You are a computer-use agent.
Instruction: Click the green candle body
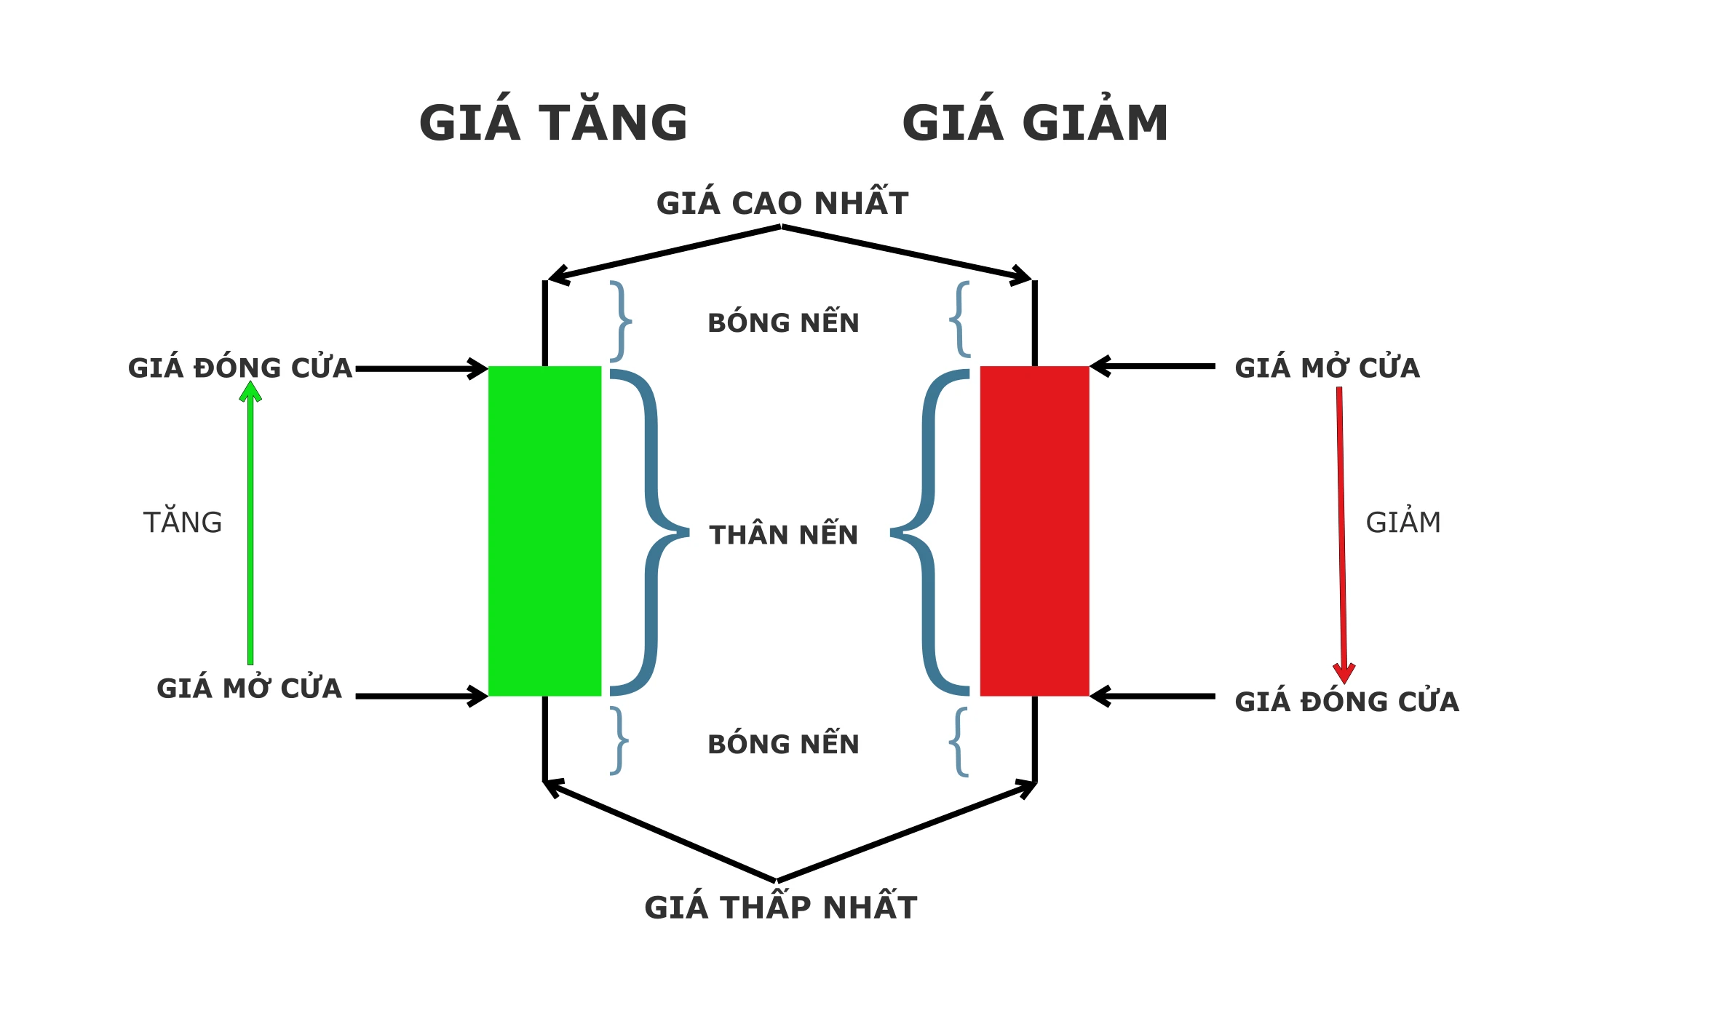tap(544, 531)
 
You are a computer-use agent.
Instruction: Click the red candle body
tap(1034, 531)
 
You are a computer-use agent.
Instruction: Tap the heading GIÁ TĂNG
tap(553, 122)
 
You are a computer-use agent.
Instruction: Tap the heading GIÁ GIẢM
tap(1035, 122)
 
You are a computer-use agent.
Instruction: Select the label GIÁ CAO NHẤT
tap(782, 203)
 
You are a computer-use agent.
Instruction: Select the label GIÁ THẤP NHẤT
tap(781, 907)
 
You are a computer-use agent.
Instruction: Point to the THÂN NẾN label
tap(784, 535)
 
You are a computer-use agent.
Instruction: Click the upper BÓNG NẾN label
tap(784, 322)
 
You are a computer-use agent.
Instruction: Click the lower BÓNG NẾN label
tap(784, 744)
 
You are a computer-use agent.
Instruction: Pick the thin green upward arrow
tap(250, 524)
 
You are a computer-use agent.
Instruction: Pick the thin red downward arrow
tap(1341, 531)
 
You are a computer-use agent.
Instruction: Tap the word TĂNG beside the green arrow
tap(183, 522)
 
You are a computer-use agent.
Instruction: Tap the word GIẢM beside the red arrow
tap(1403, 522)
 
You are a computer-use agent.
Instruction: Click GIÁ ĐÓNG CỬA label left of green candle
tap(240, 368)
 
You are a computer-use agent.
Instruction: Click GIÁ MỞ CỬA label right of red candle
tap(1327, 368)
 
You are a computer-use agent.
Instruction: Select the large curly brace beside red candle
tap(928, 532)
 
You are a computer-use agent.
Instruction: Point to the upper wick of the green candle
tap(544, 324)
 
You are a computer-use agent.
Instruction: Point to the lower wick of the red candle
tap(1034, 739)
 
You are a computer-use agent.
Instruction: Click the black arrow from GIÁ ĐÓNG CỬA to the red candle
tap(1154, 697)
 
